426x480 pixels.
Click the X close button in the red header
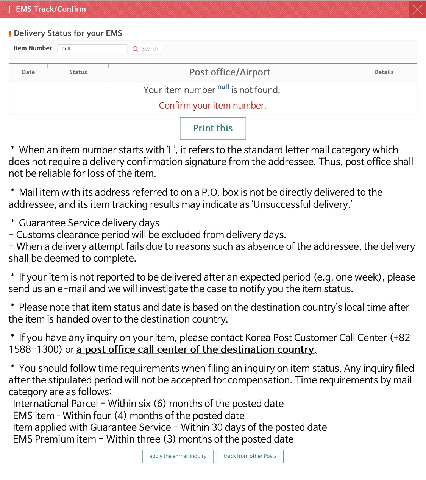(x=417, y=9)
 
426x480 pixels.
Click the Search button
(x=146, y=49)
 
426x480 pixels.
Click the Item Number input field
(x=92, y=49)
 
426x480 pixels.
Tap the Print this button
(x=213, y=128)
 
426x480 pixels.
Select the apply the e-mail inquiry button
(x=178, y=456)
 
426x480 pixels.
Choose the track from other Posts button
(x=250, y=456)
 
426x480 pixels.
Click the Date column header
(x=28, y=72)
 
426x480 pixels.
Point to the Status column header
(x=78, y=72)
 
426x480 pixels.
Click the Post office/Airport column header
(x=229, y=72)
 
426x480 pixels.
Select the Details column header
(x=384, y=72)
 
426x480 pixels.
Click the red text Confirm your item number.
(x=212, y=106)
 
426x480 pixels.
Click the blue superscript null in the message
(x=223, y=87)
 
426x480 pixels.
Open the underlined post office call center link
(x=197, y=349)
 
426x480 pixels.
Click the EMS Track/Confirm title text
(x=51, y=9)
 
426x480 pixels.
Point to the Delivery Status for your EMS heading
(x=68, y=33)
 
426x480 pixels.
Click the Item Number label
(x=33, y=48)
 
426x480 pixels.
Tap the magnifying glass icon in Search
(x=136, y=49)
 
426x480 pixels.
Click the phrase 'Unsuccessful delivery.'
(x=302, y=204)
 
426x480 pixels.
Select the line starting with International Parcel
(x=148, y=404)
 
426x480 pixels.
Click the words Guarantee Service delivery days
(x=89, y=223)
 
